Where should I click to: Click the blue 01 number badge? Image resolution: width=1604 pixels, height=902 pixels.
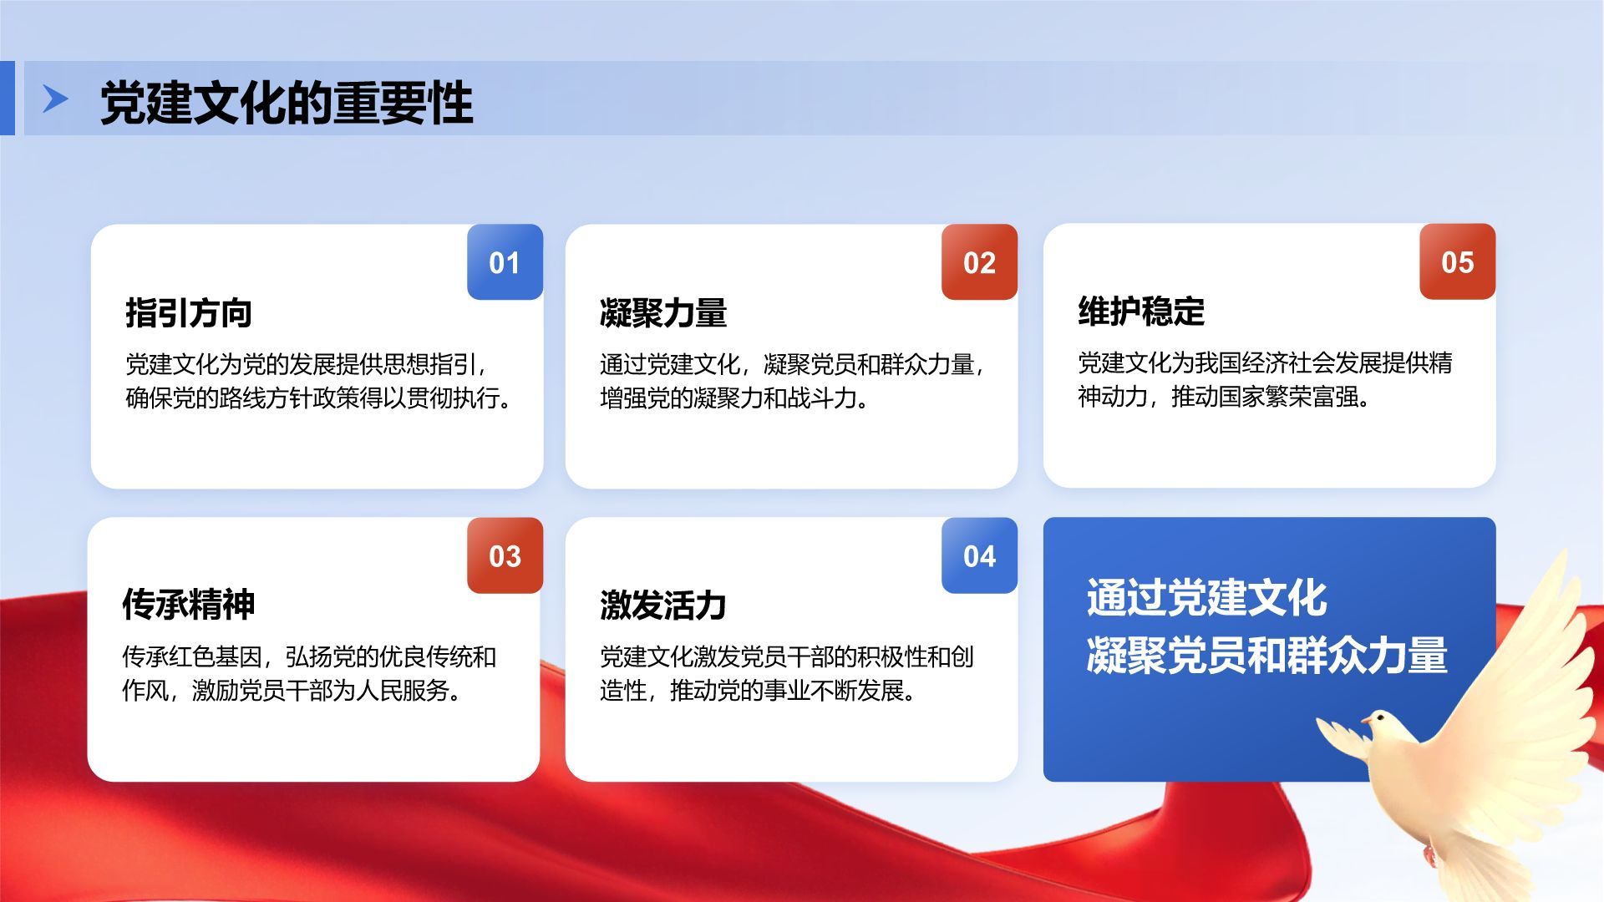tap(505, 261)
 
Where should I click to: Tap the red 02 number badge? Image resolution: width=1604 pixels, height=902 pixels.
tap(979, 261)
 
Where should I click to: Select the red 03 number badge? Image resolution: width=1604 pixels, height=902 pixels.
tap(505, 555)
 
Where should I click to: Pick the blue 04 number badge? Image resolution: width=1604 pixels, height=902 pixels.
tap(979, 555)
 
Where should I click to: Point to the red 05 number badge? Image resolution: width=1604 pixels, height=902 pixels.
tap(1457, 261)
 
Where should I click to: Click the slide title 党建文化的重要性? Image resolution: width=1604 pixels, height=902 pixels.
tap(287, 104)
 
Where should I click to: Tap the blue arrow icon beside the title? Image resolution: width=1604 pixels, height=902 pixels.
tap(56, 99)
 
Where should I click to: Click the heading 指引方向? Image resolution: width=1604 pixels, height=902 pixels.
tap(189, 313)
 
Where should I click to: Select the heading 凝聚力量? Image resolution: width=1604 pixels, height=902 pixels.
tap(663, 313)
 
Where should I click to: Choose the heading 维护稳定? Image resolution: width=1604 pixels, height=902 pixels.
tap(1141, 312)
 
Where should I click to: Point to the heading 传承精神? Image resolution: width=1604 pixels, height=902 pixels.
tap(189, 604)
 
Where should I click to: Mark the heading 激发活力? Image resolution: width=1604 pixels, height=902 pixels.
tap(663, 606)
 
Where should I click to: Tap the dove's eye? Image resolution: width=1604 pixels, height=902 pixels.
tap(1378, 716)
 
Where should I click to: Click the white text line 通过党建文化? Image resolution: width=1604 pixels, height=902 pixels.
tap(1206, 598)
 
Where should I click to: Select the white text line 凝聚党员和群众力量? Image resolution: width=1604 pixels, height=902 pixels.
tap(1266, 655)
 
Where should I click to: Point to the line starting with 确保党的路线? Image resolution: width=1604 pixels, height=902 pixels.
tap(318, 398)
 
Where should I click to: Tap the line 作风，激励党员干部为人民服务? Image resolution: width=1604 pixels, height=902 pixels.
tap(292, 692)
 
